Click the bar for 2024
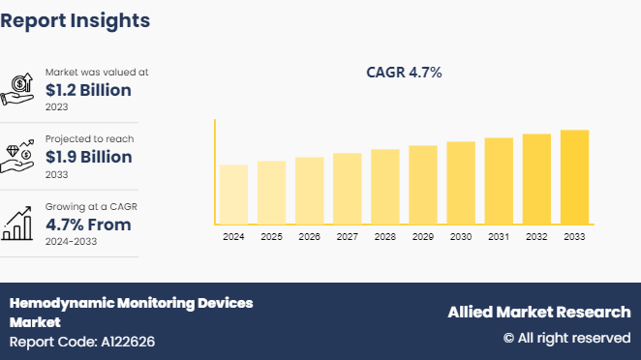click(x=233, y=194)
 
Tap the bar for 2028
click(x=384, y=186)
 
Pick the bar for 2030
click(x=461, y=182)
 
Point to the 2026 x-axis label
click(x=309, y=236)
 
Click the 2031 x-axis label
click(x=499, y=236)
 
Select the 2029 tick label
click(x=423, y=236)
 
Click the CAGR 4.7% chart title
click(x=404, y=73)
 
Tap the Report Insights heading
click(x=76, y=19)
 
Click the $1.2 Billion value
click(x=88, y=90)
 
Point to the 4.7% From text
click(x=88, y=225)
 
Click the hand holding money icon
click(x=20, y=89)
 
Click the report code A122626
click(x=82, y=342)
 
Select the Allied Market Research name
click(x=538, y=312)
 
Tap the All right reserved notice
click(x=566, y=338)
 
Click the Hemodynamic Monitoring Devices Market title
click(x=131, y=312)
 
